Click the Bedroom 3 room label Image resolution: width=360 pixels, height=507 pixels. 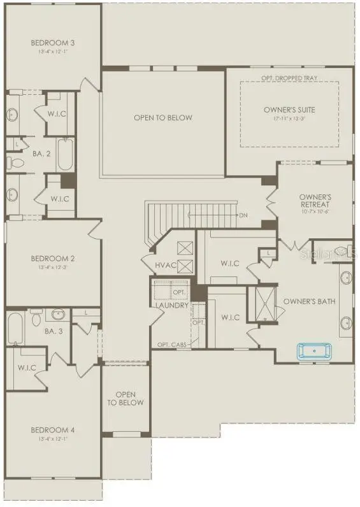point(53,43)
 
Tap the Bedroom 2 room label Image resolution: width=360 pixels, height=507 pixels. point(53,259)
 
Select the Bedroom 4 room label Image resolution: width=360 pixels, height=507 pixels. point(53,430)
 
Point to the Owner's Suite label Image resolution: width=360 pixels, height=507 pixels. point(289,110)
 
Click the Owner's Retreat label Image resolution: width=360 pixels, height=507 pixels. point(315,201)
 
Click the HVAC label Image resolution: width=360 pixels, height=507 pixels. point(166,265)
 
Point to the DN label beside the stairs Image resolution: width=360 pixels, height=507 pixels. point(243,215)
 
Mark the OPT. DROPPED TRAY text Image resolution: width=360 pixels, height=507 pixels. point(289,78)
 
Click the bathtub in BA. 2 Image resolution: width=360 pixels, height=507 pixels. point(66,154)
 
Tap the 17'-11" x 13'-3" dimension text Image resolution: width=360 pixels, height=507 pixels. point(289,119)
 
